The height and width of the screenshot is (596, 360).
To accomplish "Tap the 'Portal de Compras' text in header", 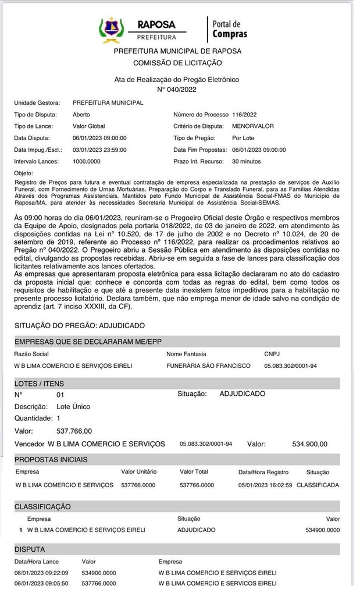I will [x=229, y=29].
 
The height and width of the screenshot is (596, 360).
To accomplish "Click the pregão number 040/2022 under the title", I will [x=177, y=90].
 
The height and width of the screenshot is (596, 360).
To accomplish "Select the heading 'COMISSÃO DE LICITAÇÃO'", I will [x=177, y=63].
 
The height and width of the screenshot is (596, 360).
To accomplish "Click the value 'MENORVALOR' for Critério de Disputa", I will [x=253, y=126].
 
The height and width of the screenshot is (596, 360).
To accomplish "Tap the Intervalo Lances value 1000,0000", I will [x=87, y=161].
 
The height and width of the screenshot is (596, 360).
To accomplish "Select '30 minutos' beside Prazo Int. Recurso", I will [x=247, y=161].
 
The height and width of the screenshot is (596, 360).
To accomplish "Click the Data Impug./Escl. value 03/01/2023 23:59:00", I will [x=99, y=150].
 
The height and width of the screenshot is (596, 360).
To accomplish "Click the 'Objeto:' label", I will [x=24, y=173].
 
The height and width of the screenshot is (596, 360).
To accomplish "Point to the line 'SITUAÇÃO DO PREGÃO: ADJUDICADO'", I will [x=80, y=325].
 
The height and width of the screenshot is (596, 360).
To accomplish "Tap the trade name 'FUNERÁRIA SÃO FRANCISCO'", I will [x=208, y=366].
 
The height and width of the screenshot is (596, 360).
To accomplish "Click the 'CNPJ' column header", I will [x=272, y=354].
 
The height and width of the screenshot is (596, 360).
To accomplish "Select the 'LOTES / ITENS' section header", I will [x=40, y=384].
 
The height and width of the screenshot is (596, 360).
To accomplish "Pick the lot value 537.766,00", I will [x=74, y=431].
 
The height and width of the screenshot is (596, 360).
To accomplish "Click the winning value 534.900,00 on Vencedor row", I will [x=309, y=444].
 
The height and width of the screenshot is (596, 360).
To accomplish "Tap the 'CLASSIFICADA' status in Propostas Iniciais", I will [x=318, y=485].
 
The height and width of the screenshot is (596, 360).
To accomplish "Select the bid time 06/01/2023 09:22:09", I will [x=37, y=573].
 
